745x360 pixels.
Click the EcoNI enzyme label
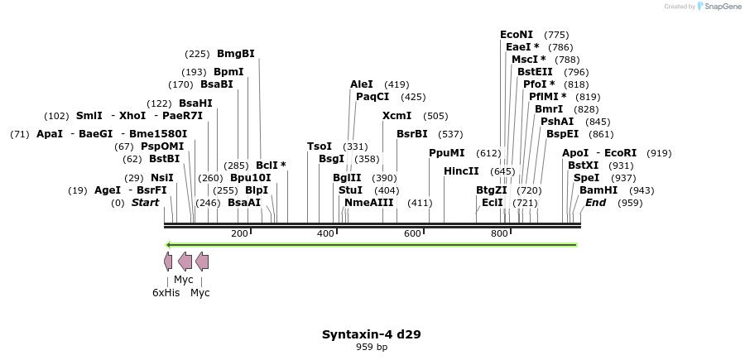click(x=516, y=35)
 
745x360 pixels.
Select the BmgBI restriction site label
click(x=236, y=54)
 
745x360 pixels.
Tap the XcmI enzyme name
click(x=397, y=116)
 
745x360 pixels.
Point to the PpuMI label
click(x=446, y=153)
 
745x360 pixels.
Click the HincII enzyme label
click(x=461, y=171)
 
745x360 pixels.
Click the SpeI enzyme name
click(x=586, y=178)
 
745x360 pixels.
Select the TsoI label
click(x=319, y=146)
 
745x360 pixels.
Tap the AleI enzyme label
click(x=362, y=84)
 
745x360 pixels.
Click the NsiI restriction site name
click(x=161, y=178)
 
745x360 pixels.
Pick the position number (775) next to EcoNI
click(x=557, y=35)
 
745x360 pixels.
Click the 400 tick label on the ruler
click(x=326, y=234)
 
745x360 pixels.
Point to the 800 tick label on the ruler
click(x=499, y=234)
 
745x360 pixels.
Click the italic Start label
click(x=145, y=203)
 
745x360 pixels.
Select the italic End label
click(x=595, y=203)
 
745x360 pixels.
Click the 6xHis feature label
click(x=166, y=293)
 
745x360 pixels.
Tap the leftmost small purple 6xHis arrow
click(x=168, y=262)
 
